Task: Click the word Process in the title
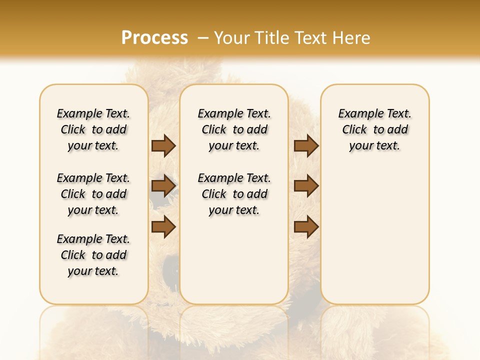click(154, 38)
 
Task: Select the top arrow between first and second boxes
click(163, 145)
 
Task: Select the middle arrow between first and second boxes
click(163, 186)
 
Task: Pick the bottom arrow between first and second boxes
click(163, 226)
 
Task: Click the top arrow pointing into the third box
click(306, 145)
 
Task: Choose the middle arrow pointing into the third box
click(306, 186)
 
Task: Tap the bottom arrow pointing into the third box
click(306, 226)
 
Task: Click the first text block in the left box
click(93, 129)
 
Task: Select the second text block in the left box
click(93, 194)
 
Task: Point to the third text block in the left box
click(93, 255)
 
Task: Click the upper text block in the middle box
click(234, 129)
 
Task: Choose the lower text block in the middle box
click(234, 194)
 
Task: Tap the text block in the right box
click(375, 129)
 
